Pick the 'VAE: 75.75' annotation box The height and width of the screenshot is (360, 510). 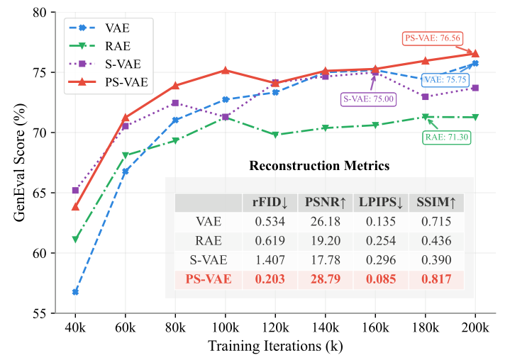coord(444,80)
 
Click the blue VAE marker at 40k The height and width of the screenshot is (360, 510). coord(75,292)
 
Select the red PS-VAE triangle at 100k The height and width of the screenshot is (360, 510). coord(226,70)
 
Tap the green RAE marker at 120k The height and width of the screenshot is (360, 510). coord(275,135)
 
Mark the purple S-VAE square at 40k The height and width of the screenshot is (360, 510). coord(75,190)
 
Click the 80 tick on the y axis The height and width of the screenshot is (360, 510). coord(40,12)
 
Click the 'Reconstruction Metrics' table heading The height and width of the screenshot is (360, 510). coord(319,166)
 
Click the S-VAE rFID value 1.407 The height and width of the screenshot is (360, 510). coord(270,260)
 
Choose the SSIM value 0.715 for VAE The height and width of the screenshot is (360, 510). coord(436,222)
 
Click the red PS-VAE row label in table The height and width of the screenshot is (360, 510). coord(208,279)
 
